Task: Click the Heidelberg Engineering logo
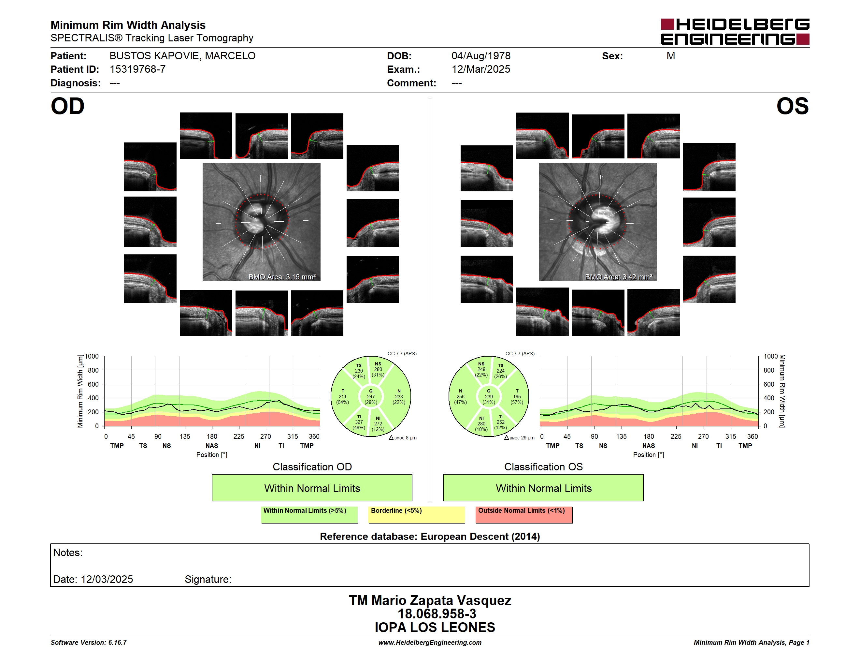click(735, 32)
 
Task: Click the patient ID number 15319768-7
click(137, 69)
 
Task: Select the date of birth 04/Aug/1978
click(481, 56)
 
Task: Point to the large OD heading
click(67, 106)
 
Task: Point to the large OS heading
click(792, 106)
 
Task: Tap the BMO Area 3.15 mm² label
click(282, 277)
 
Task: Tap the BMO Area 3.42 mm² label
click(618, 277)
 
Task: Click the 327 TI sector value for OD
click(359, 422)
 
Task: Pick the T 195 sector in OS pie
click(517, 397)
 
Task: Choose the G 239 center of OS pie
click(489, 397)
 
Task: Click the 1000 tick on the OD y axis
click(92, 357)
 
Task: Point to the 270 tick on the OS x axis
click(703, 436)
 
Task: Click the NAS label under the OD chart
click(212, 446)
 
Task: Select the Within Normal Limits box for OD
click(312, 488)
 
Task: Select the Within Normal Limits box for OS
click(543, 488)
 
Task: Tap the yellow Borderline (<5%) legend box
click(417, 514)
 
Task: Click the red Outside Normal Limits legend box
click(524, 514)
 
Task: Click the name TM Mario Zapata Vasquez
click(430, 600)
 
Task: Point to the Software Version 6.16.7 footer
click(89, 643)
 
